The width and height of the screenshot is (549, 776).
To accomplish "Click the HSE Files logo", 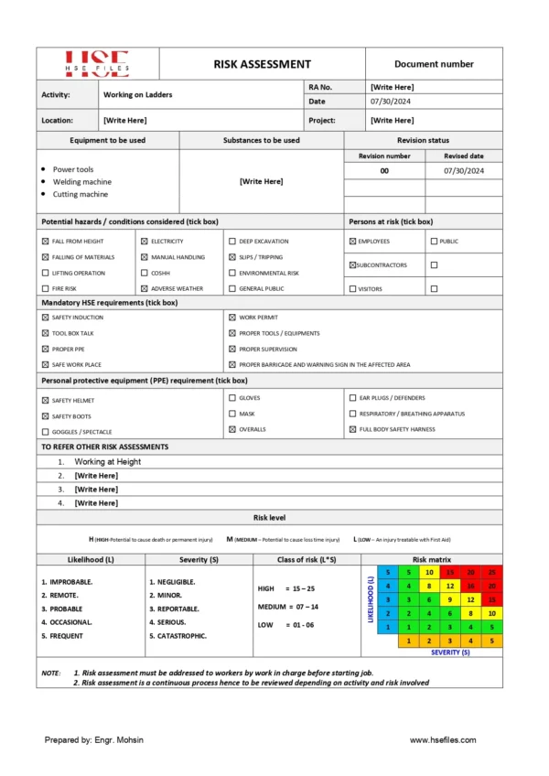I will click(x=97, y=62).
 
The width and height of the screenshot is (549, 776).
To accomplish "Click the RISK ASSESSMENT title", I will click(x=262, y=64).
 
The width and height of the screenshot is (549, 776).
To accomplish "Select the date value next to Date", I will click(x=387, y=102).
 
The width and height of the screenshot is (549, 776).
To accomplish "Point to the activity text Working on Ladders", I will click(x=137, y=94).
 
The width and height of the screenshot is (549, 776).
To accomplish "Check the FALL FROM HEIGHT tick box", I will click(x=46, y=242).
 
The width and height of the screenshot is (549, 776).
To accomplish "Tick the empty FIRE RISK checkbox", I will click(x=46, y=288).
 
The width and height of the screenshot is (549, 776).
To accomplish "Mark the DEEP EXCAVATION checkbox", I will click(x=231, y=242).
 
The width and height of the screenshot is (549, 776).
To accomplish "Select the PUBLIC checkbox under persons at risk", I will click(x=434, y=242).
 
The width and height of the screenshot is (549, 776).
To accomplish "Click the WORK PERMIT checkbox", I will click(x=231, y=318).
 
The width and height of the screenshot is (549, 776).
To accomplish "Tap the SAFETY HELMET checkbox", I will click(x=46, y=401).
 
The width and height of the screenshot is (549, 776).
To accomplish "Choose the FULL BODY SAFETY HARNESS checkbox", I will click(x=352, y=428).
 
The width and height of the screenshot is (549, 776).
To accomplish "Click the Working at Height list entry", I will click(x=108, y=462).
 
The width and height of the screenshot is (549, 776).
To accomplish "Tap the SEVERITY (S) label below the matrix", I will click(x=450, y=652).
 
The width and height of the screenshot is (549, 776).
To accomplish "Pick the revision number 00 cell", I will click(x=384, y=171).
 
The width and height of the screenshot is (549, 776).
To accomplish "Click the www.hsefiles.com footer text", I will click(x=443, y=740).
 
